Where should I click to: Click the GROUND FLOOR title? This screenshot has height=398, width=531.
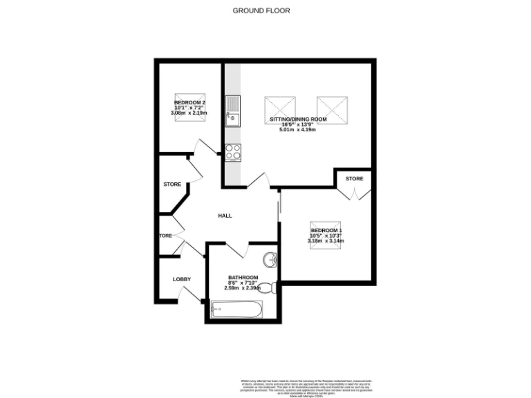[261, 10]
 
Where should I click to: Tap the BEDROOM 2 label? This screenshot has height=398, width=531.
[189, 102]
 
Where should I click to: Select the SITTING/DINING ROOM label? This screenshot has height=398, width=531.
[298, 119]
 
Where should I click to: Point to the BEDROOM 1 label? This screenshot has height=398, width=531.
[326, 230]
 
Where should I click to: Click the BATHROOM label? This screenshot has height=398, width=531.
[243, 277]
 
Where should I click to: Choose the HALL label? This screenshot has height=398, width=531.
[225, 216]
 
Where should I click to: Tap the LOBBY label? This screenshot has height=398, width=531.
[182, 279]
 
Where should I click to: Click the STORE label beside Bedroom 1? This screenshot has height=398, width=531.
[354, 179]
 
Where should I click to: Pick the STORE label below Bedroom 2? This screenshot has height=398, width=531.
[172, 184]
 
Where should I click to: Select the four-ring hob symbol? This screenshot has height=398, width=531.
[232, 151]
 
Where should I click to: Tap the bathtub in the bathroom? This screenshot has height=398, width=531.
[236, 309]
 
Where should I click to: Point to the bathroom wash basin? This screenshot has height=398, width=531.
[270, 260]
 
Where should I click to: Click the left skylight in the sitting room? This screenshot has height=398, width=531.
[280, 108]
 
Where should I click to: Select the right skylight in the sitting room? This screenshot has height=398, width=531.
[330, 108]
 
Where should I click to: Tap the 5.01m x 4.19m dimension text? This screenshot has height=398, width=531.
[298, 129]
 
